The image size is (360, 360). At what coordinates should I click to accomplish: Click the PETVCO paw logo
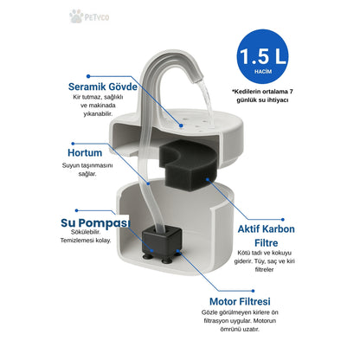pyautogui.click(x=89, y=16)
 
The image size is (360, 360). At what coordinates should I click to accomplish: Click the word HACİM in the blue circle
pyautogui.click(x=263, y=71)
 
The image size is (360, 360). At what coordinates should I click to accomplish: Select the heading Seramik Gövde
pyautogui.click(x=103, y=87)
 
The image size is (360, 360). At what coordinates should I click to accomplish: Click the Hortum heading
pyautogui.click(x=85, y=152)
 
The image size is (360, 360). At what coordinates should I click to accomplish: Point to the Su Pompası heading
pyautogui.click(x=95, y=223)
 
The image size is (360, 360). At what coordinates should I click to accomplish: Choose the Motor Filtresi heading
pyautogui.click(x=240, y=301)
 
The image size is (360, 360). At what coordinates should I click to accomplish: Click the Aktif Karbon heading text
pyautogui.click(x=267, y=229)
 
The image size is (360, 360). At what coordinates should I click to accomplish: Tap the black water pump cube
pyautogui.click(x=162, y=243)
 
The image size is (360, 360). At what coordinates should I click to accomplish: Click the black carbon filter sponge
pyautogui.click(x=188, y=165)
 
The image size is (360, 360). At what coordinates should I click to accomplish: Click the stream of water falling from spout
pyautogui.click(x=207, y=102)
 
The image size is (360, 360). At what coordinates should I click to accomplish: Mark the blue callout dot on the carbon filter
pyautogui.click(x=208, y=179)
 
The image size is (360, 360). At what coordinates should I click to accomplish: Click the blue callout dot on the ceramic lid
pyautogui.click(x=181, y=125)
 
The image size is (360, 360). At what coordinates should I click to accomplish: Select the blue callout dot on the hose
pyautogui.click(x=148, y=183)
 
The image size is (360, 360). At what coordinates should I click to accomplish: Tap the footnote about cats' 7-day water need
pyautogui.click(x=263, y=96)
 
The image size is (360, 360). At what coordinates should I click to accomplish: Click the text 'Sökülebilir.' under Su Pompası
pyautogui.click(x=86, y=232)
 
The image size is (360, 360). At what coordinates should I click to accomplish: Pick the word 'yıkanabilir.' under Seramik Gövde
pyautogui.click(x=98, y=114)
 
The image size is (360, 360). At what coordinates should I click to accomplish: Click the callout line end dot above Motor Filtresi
pyautogui.click(x=253, y=291)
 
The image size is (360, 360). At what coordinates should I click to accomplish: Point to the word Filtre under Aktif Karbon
pyautogui.click(x=267, y=243)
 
